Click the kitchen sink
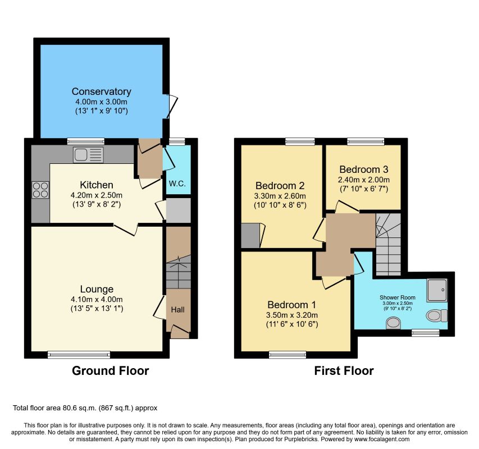click(88, 155)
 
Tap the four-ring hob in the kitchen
click(40, 190)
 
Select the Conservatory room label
click(102, 91)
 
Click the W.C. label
click(177, 184)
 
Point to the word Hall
click(177, 310)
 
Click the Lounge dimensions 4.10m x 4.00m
click(97, 300)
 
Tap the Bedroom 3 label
click(364, 169)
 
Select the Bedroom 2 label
click(280, 186)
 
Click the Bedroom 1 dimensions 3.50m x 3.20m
click(292, 315)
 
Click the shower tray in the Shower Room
click(437, 290)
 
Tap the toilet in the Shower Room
click(436, 315)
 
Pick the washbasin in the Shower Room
click(393, 323)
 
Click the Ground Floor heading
click(110, 371)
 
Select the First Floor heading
click(344, 371)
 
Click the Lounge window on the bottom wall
click(79, 354)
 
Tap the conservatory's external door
click(171, 107)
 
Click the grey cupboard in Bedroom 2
click(250, 235)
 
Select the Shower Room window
click(426, 333)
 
